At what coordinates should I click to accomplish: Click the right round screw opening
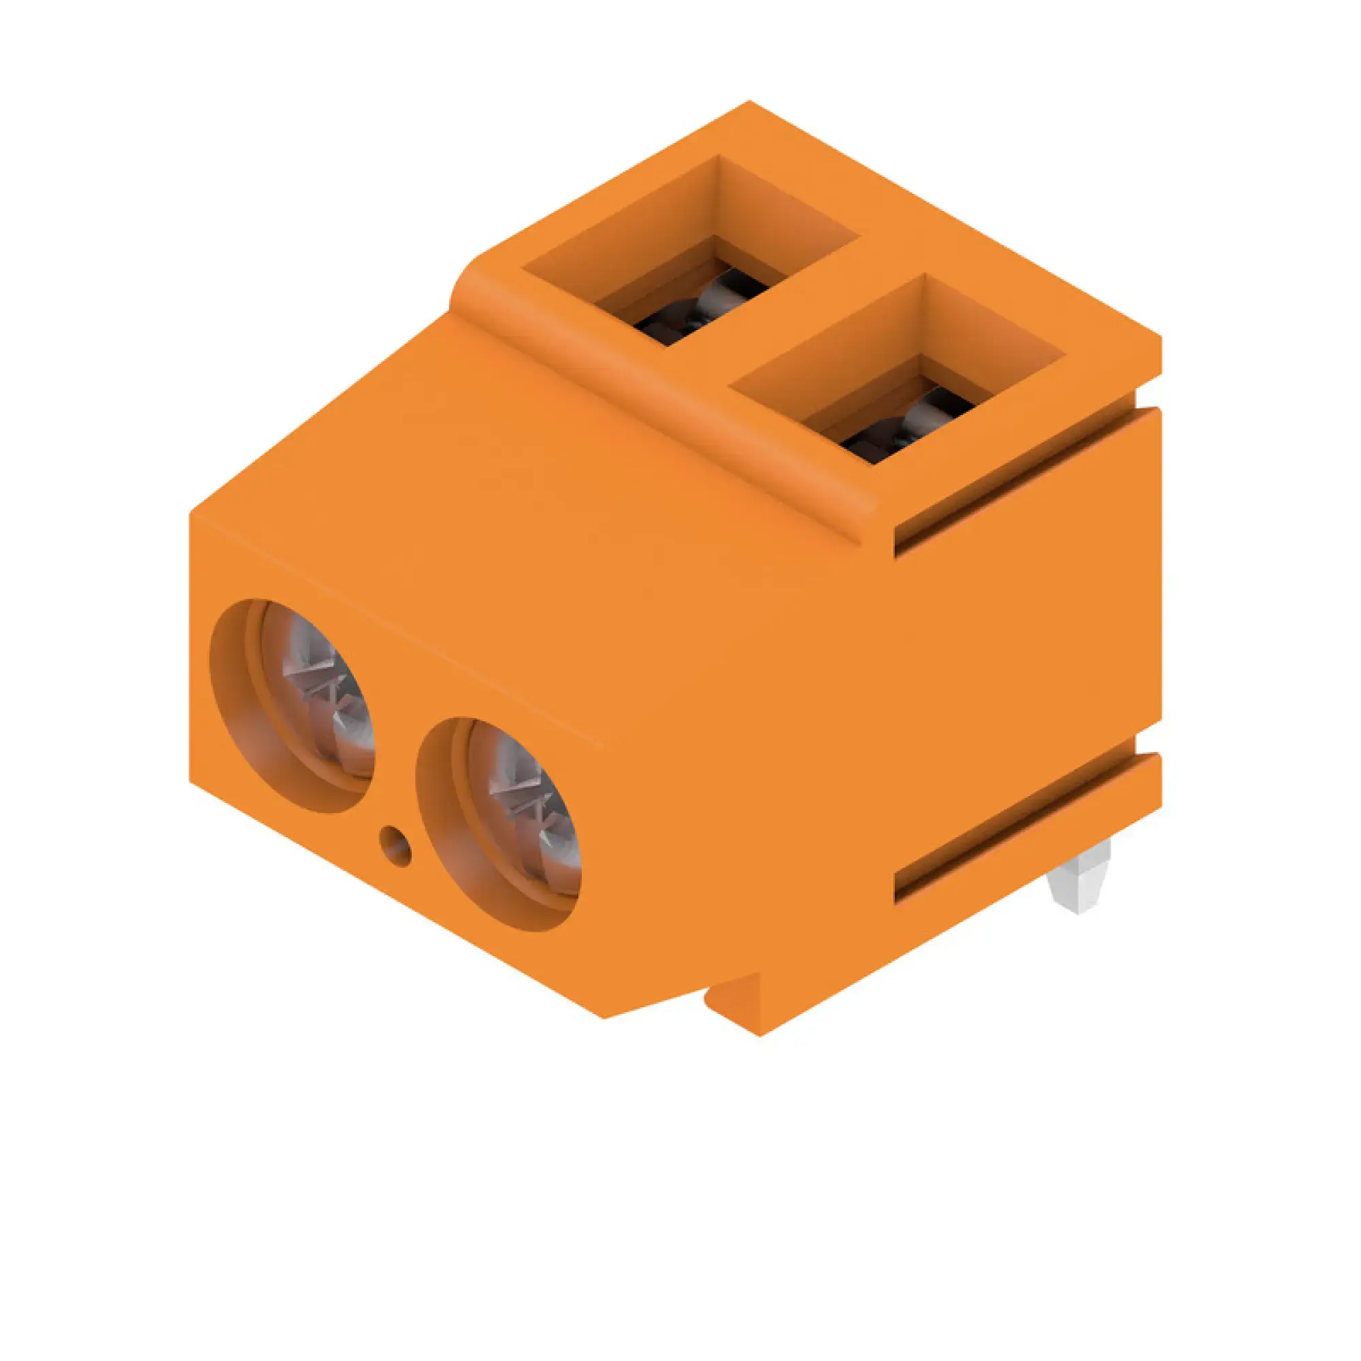pos(498,825)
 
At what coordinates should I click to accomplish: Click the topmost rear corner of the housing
pos(749,104)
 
